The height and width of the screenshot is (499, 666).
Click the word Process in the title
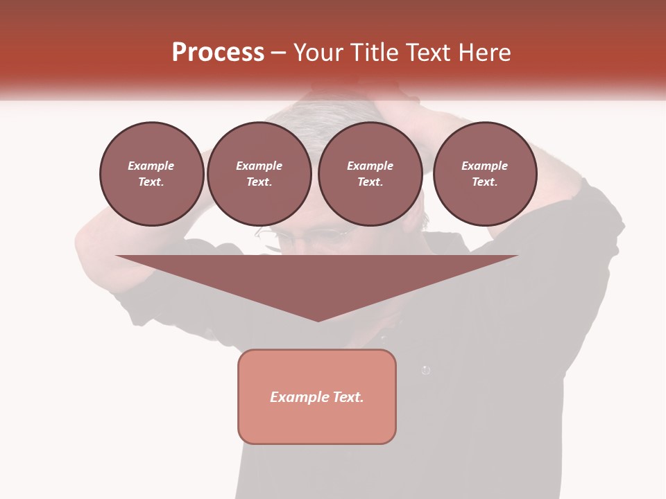tap(218, 53)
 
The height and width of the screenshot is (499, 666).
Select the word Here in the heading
tap(484, 53)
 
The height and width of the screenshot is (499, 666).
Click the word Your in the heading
tap(319, 53)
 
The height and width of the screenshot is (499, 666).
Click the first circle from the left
tap(151, 174)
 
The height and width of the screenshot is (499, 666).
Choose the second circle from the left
tap(259, 174)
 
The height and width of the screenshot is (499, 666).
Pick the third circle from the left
tap(370, 174)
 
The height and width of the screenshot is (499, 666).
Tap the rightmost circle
tap(484, 174)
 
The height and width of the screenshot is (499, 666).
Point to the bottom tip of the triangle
tap(318, 320)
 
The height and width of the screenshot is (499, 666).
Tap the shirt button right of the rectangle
tap(426, 370)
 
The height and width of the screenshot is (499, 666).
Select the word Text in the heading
tap(428, 53)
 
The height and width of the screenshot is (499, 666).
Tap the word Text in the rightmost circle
tap(484, 182)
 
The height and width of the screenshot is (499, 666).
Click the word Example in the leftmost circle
tap(151, 166)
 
